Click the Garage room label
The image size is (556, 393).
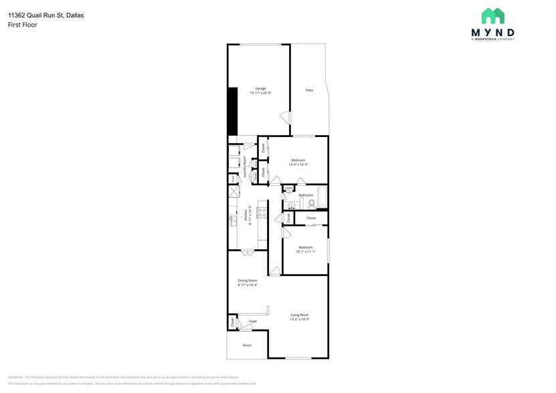click(261, 88)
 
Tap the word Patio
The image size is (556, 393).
click(309, 90)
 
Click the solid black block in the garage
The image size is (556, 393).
click(233, 112)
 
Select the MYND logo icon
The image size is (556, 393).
click(493, 16)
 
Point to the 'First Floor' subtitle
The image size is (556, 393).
click(23, 25)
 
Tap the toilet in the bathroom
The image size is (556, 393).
click(312, 203)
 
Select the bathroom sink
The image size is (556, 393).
click(292, 205)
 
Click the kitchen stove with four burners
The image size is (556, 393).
click(263, 213)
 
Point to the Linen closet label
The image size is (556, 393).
click(288, 189)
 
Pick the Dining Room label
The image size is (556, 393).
click(248, 281)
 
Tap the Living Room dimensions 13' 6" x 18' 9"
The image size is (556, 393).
click(300, 319)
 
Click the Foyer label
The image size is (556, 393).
click(253, 321)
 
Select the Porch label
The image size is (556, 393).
click(247, 346)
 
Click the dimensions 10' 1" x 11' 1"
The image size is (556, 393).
click(306, 252)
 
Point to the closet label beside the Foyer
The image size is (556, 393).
click(232, 322)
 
